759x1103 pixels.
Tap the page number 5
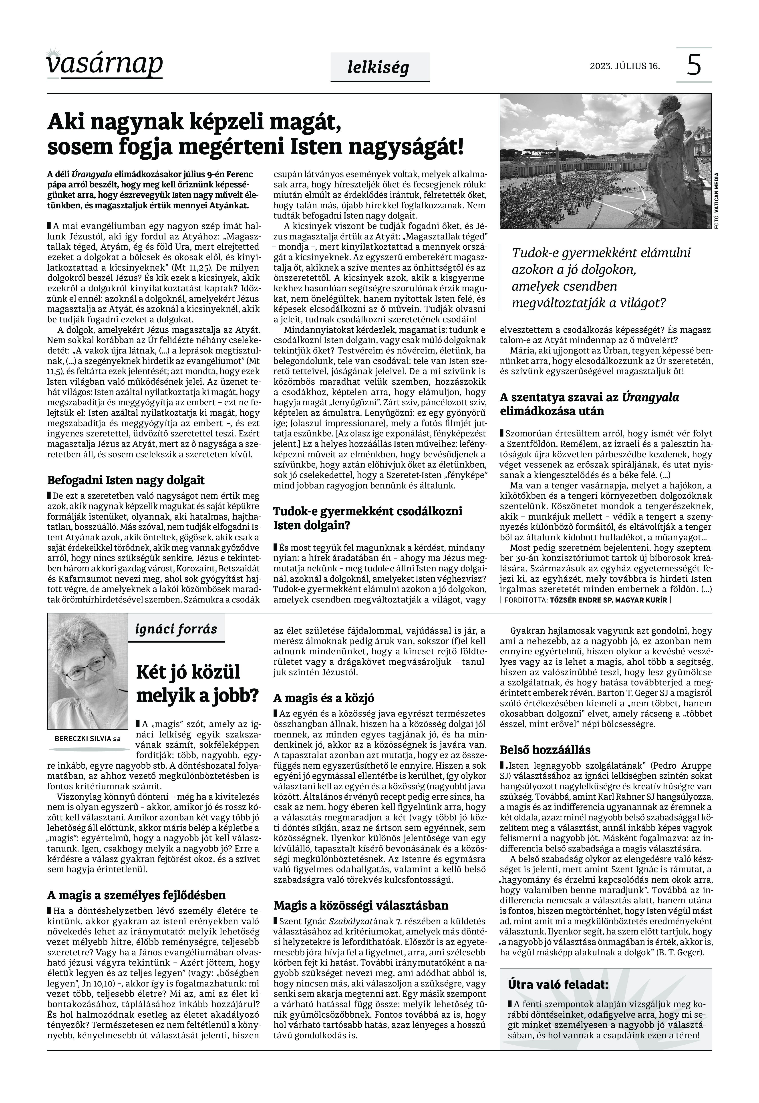click(694, 65)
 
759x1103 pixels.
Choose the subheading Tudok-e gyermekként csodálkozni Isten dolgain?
click(368, 518)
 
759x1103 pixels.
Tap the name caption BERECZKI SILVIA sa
click(87, 739)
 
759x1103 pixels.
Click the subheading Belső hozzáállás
click(545, 750)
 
